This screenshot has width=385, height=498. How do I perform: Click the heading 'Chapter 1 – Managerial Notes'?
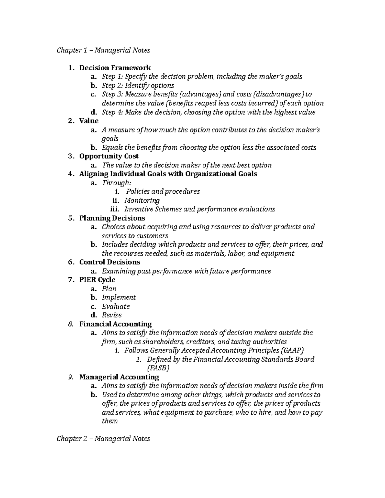tap(103, 50)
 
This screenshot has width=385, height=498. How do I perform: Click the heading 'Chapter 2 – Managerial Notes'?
tap(103, 438)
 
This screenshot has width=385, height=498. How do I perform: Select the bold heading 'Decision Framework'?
tap(115, 68)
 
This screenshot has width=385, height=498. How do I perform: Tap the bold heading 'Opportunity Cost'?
tap(109, 156)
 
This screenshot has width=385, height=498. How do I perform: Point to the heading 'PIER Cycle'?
tap(97, 280)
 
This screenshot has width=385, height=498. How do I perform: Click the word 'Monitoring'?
tap(142, 200)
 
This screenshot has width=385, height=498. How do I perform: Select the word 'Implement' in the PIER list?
tap(119, 297)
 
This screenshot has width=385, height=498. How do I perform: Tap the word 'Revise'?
tap(112, 315)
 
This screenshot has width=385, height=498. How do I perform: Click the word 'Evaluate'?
tap(116, 306)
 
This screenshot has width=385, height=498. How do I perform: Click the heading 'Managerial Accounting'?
tap(119, 377)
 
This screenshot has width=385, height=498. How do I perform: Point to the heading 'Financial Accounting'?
tap(116, 324)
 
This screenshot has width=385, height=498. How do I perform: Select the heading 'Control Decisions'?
tap(110, 262)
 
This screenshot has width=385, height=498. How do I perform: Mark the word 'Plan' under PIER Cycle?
tap(109, 289)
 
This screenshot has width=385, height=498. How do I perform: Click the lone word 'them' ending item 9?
tap(109, 421)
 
